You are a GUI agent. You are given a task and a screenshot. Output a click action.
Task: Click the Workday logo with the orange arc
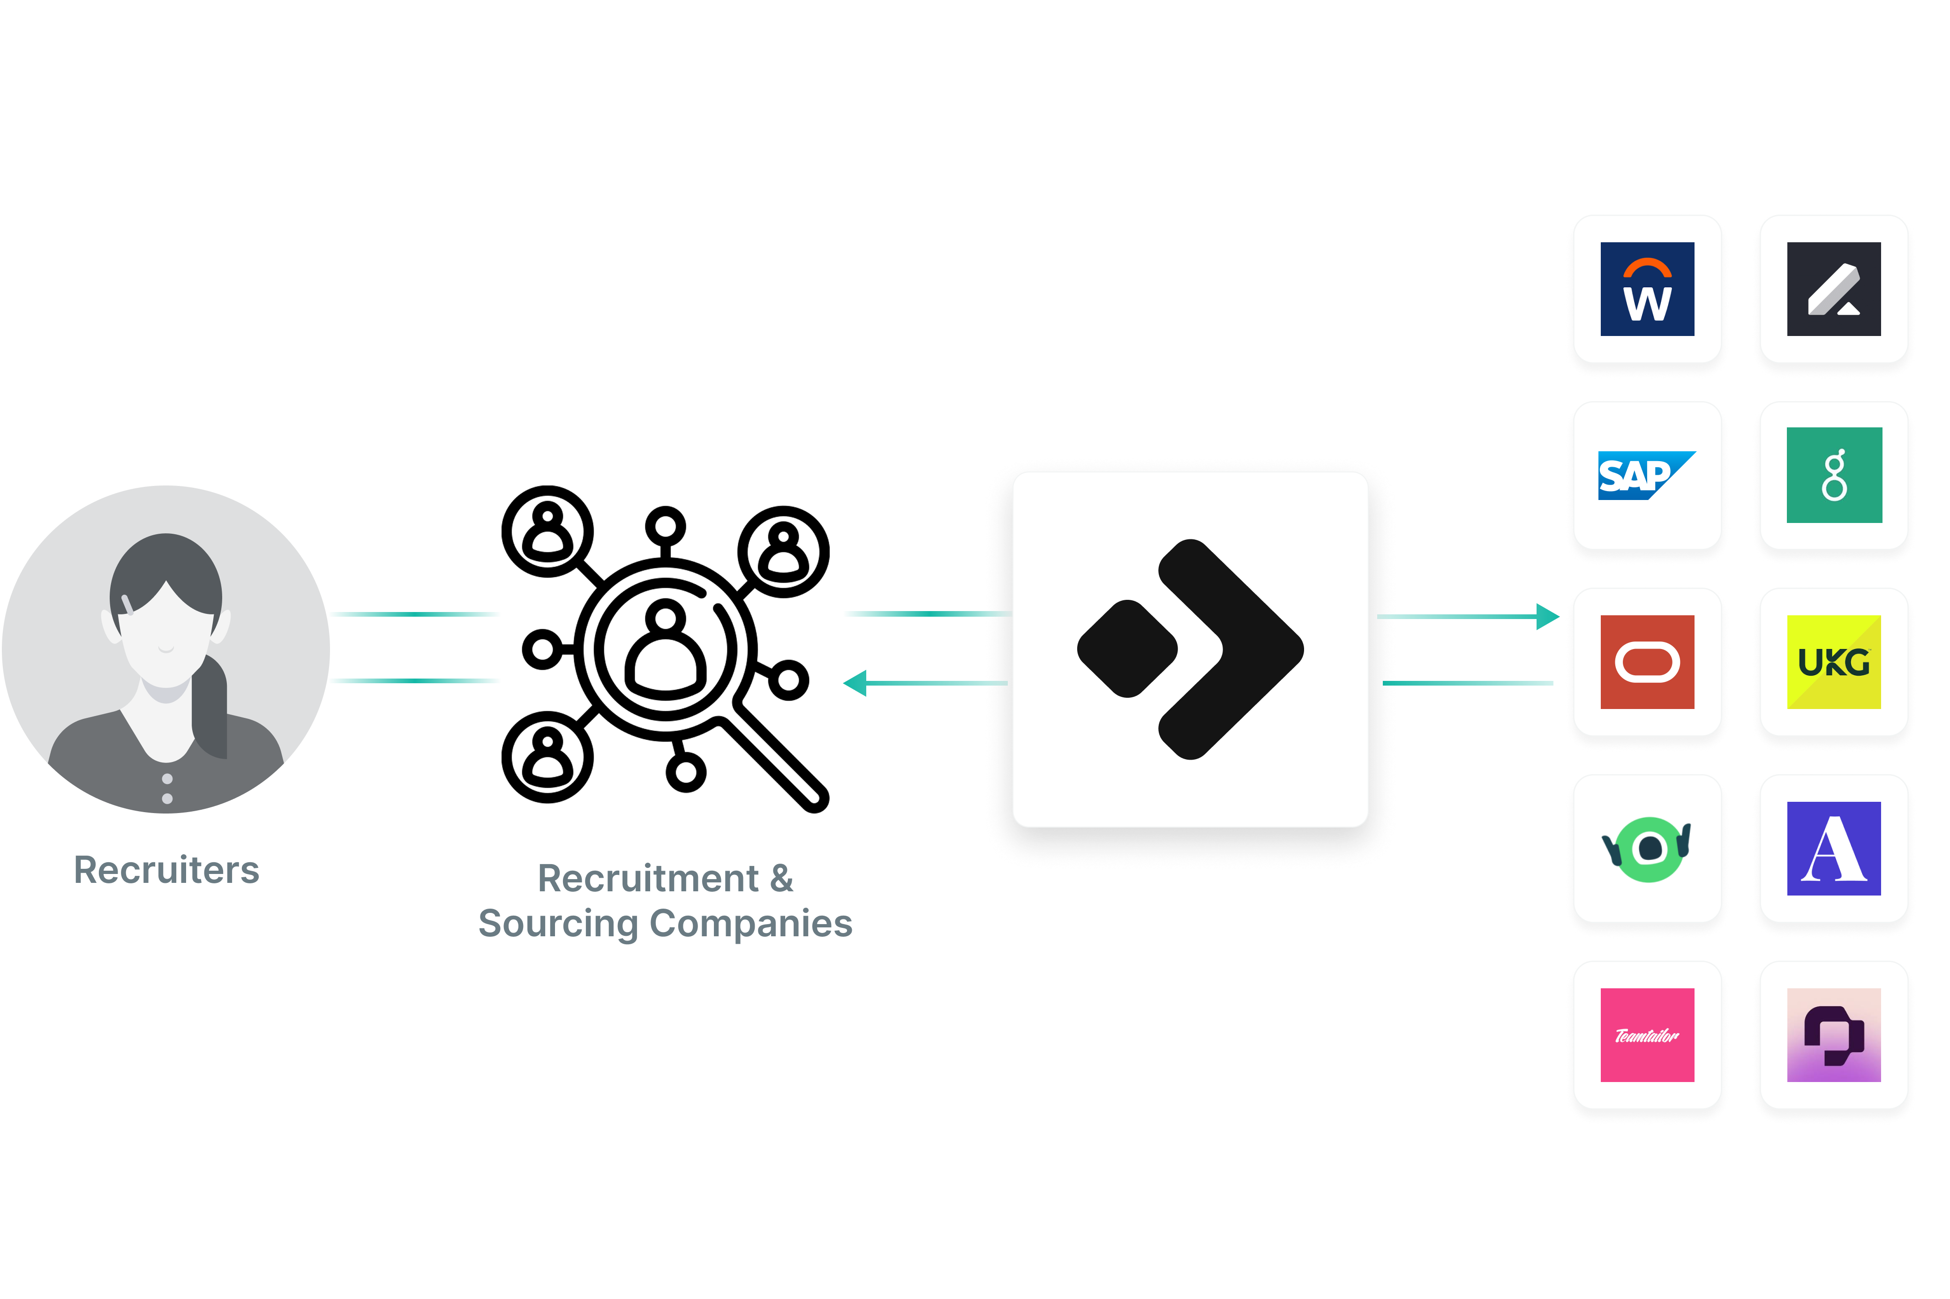click(x=1647, y=289)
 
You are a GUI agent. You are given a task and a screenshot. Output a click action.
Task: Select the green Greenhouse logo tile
click(x=1834, y=476)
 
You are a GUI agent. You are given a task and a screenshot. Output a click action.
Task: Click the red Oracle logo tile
click(x=1647, y=662)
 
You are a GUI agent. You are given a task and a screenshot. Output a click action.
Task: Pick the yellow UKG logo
click(x=1833, y=662)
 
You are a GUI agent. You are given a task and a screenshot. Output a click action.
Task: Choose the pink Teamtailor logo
click(x=1647, y=1035)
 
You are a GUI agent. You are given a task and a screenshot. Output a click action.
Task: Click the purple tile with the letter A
click(x=1833, y=848)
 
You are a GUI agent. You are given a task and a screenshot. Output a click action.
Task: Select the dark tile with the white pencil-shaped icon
click(x=1833, y=289)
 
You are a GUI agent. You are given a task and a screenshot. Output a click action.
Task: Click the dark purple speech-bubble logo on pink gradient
click(x=1833, y=1035)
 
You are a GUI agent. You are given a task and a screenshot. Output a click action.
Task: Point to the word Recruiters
click(x=166, y=870)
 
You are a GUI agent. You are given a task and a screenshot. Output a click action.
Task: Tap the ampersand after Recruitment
click(x=781, y=878)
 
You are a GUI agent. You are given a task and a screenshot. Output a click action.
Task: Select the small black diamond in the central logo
click(x=1127, y=649)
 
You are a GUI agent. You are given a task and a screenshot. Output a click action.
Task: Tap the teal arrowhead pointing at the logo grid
click(x=1546, y=616)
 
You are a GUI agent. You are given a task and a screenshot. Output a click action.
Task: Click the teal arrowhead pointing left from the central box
click(x=855, y=683)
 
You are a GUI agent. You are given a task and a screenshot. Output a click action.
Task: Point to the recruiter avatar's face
click(x=166, y=638)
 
